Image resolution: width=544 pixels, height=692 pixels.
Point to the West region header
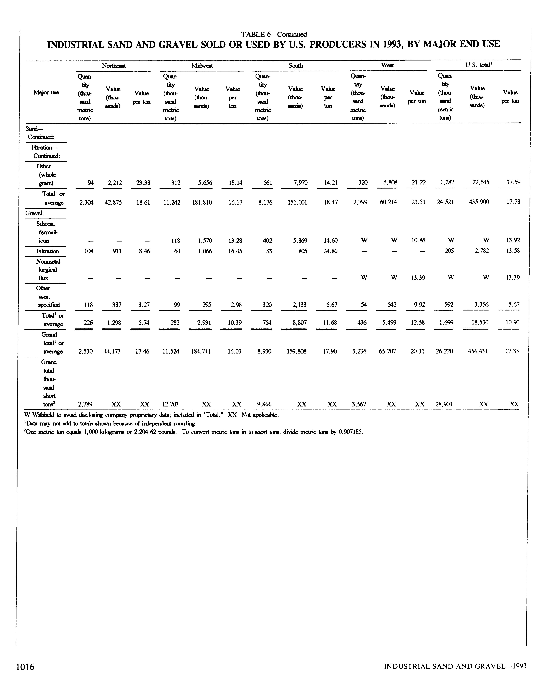[387, 65]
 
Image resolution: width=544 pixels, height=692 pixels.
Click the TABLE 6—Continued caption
[274, 34]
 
